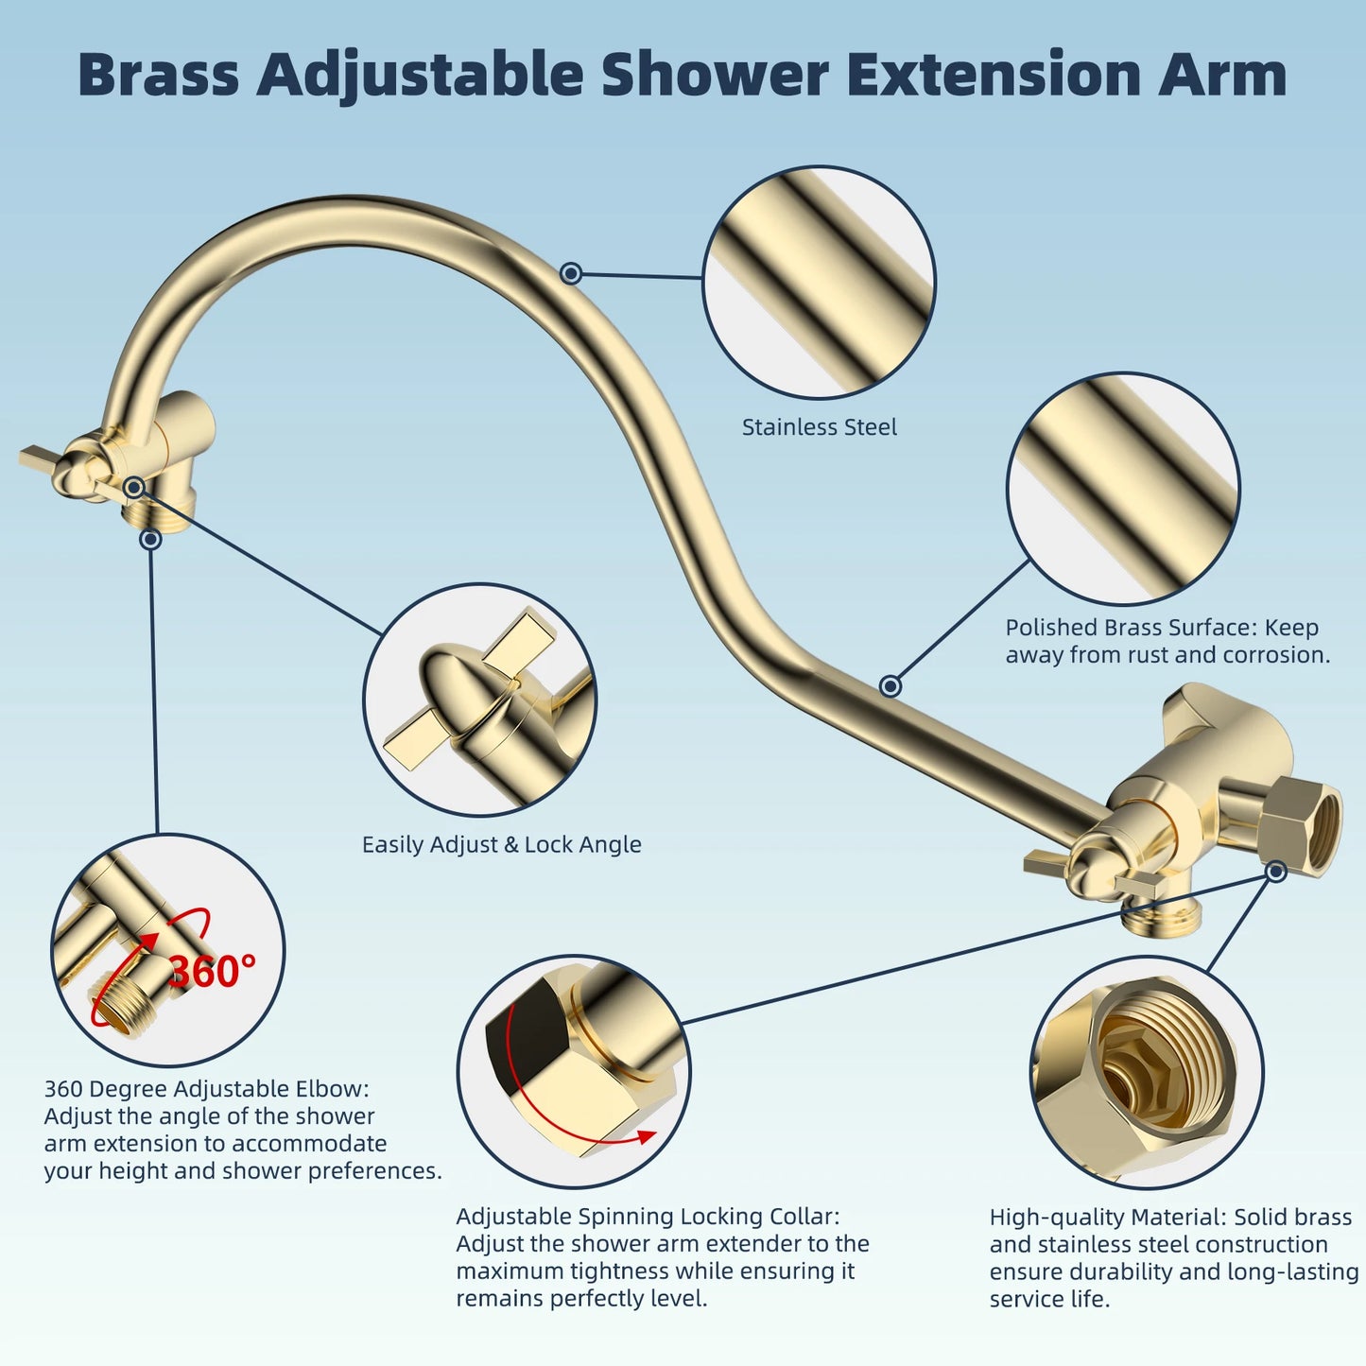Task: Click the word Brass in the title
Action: pos(158,75)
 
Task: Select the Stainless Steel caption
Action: pos(819,427)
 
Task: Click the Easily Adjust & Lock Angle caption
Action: pos(501,844)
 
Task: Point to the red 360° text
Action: pos(212,971)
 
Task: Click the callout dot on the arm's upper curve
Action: pos(570,273)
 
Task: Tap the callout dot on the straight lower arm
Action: pos(890,685)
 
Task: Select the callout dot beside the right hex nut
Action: pos(1276,871)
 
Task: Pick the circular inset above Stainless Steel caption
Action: pos(819,282)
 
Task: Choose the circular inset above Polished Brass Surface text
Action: pos(1122,488)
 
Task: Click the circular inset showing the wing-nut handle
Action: pos(479,700)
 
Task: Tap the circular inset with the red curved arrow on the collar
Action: pos(574,1071)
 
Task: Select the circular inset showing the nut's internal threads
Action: pos(1146,1071)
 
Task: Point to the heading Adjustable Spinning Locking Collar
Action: pos(648,1217)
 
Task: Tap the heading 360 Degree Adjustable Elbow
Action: pos(206,1089)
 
